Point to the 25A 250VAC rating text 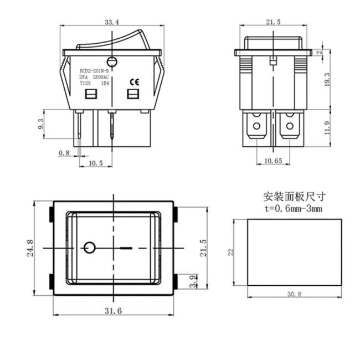coord(94,78)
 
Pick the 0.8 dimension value coord(65,153)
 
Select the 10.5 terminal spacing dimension coord(96,163)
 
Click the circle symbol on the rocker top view coord(89,247)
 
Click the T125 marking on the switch coord(85,84)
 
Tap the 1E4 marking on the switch coord(104,84)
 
